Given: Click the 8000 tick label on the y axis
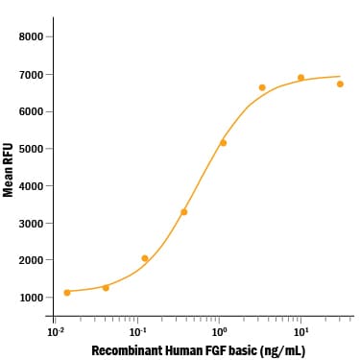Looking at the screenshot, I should [x=31, y=37].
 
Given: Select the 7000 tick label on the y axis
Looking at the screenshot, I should [x=31, y=75].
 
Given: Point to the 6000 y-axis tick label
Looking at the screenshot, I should [x=31, y=111].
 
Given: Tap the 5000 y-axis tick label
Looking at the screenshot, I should [x=31, y=149].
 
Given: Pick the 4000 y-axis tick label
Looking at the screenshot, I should [x=31, y=186].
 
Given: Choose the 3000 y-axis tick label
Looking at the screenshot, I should [x=31, y=224].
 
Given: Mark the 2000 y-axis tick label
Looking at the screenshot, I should [x=31, y=260].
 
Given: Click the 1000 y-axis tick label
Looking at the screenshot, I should [x=31, y=298].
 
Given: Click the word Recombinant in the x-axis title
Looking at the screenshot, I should [x=124, y=350].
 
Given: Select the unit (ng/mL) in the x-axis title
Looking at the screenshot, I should [x=282, y=350].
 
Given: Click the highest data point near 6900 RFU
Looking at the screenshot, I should [x=300, y=78].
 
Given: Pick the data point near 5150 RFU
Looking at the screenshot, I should [x=224, y=143].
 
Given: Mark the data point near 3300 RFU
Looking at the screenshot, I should [x=184, y=212].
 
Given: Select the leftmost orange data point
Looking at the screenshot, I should [x=67, y=292].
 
